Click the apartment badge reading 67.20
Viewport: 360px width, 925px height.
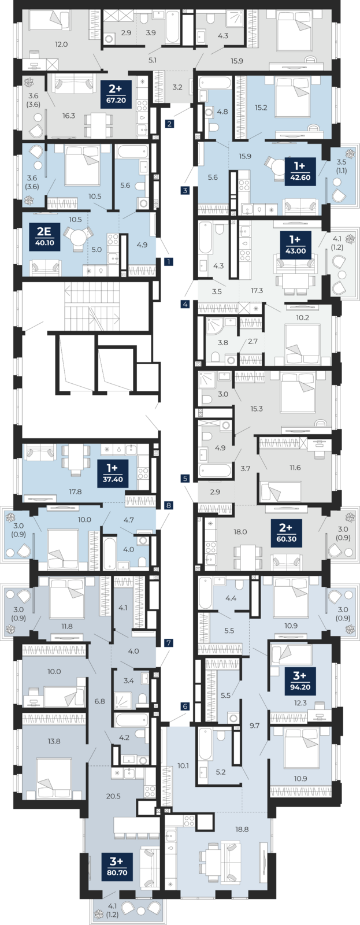point(116,94)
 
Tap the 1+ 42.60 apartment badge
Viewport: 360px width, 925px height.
point(300,171)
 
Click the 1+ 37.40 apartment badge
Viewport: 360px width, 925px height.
point(113,473)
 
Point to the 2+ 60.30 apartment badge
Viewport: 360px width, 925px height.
point(287,532)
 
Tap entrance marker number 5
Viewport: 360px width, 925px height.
point(185,479)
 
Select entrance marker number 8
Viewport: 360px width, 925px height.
point(168,505)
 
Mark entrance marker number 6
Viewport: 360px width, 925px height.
point(185,706)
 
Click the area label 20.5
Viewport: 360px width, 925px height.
point(113,796)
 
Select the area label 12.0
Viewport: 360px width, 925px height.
point(61,44)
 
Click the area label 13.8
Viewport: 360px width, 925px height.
point(54,741)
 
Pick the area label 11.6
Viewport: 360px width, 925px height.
point(295,468)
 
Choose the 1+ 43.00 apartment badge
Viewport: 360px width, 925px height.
point(296,245)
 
